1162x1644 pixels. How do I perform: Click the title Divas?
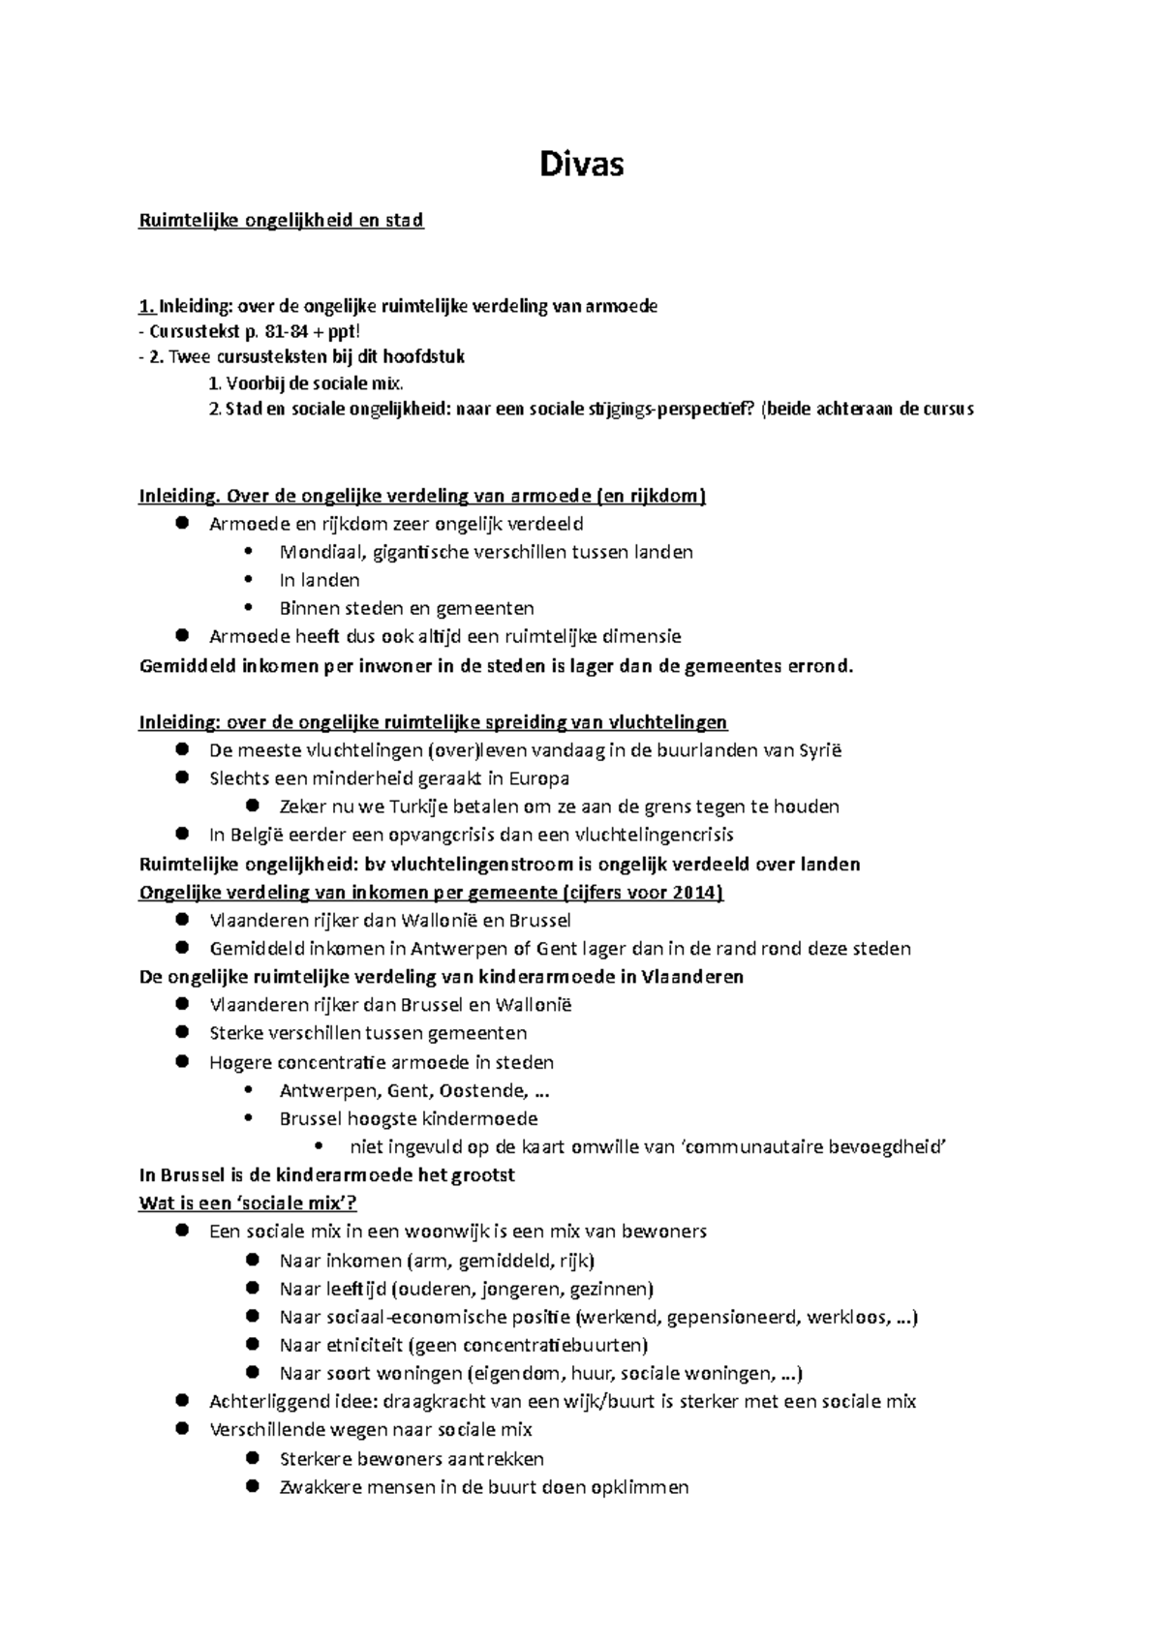click(x=581, y=165)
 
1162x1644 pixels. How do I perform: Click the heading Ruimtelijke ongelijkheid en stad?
click(x=281, y=220)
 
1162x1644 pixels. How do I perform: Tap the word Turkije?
click(x=408, y=807)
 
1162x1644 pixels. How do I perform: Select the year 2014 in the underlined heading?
click(x=697, y=892)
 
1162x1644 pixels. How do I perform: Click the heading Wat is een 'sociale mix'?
click(x=248, y=1203)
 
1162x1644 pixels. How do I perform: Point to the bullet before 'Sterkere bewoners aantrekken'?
click(x=252, y=1458)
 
